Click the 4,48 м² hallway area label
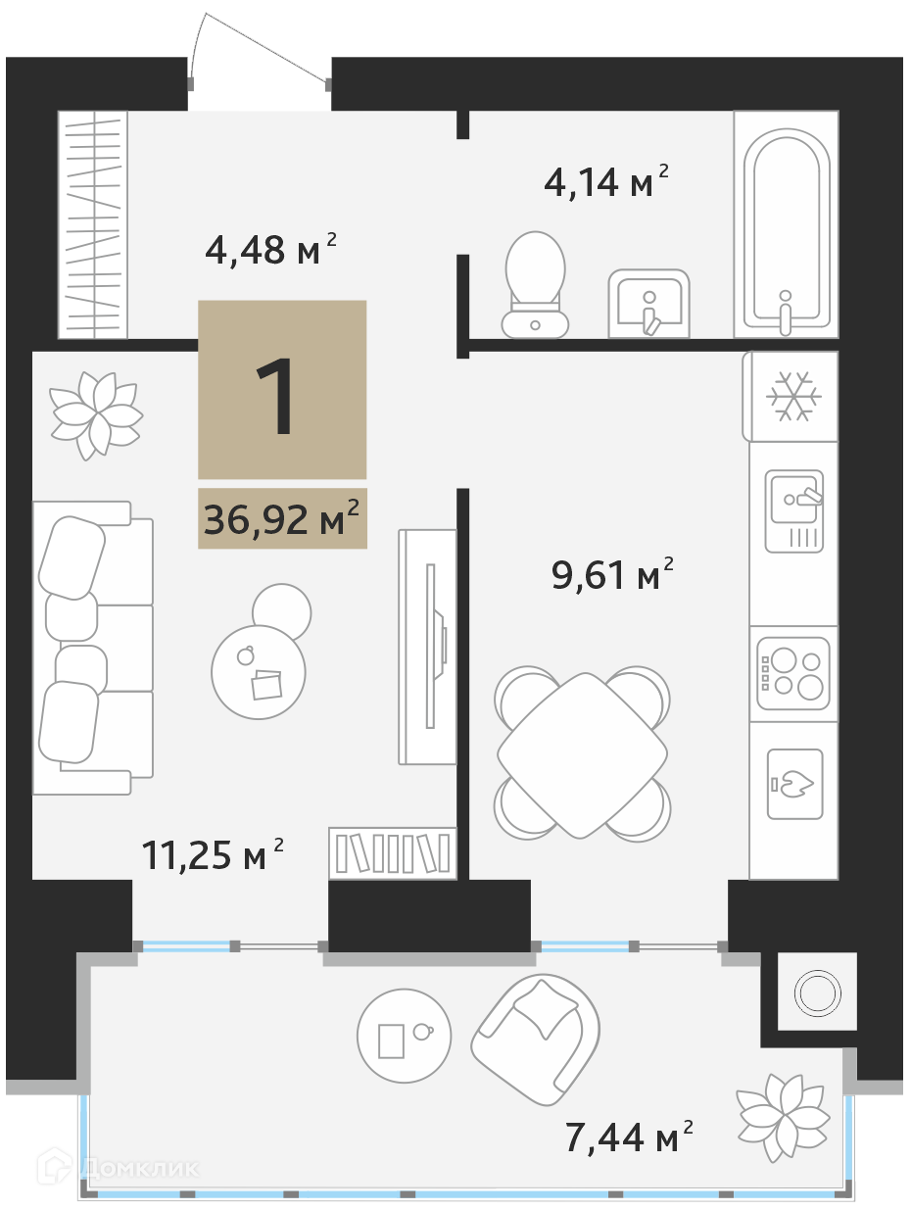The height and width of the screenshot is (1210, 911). pyautogui.click(x=270, y=250)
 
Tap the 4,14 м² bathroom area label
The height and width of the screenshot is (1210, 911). pyautogui.click(x=605, y=181)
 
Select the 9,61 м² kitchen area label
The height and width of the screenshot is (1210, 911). pyautogui.click(x=612, y=574)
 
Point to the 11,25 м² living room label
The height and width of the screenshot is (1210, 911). pyautogui.click(x=213, y=855)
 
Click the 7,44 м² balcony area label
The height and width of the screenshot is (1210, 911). pyautogui.click(x=629, y=1137)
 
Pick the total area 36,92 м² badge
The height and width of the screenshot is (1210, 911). pyautogui.click(x=282, y=518)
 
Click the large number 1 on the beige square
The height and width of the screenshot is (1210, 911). pyautogui.click(x=276, y=396)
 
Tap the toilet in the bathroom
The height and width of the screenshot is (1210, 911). pyautogui.click(x=535, y=284)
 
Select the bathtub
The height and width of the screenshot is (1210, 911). pyautogui.click(x=786, y=224)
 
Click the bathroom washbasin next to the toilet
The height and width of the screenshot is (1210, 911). pyautogui.click(x=648, y=304)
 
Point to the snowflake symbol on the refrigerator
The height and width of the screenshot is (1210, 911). pyautogui.click(x=793, y=397)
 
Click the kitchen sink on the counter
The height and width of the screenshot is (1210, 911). pyautogui.click(x=794, y=511)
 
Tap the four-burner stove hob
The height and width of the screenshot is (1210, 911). pyautogui.click(x=793, y=673)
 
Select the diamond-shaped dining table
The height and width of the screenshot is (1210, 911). pyautogui.click(x=582, y=755)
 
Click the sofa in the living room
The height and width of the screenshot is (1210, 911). pyautogui.click(x=93, y=648)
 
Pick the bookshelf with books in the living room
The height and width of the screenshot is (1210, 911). pyautogui.click(x=393, y=852)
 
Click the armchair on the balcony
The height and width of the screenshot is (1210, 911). pyautogui.click(x=535, y=1040)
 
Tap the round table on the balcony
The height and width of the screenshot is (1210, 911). pyautogui.click(x=404, y=1036)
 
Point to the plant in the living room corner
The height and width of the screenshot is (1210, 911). pyautogui.click(x=96, y=416)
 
